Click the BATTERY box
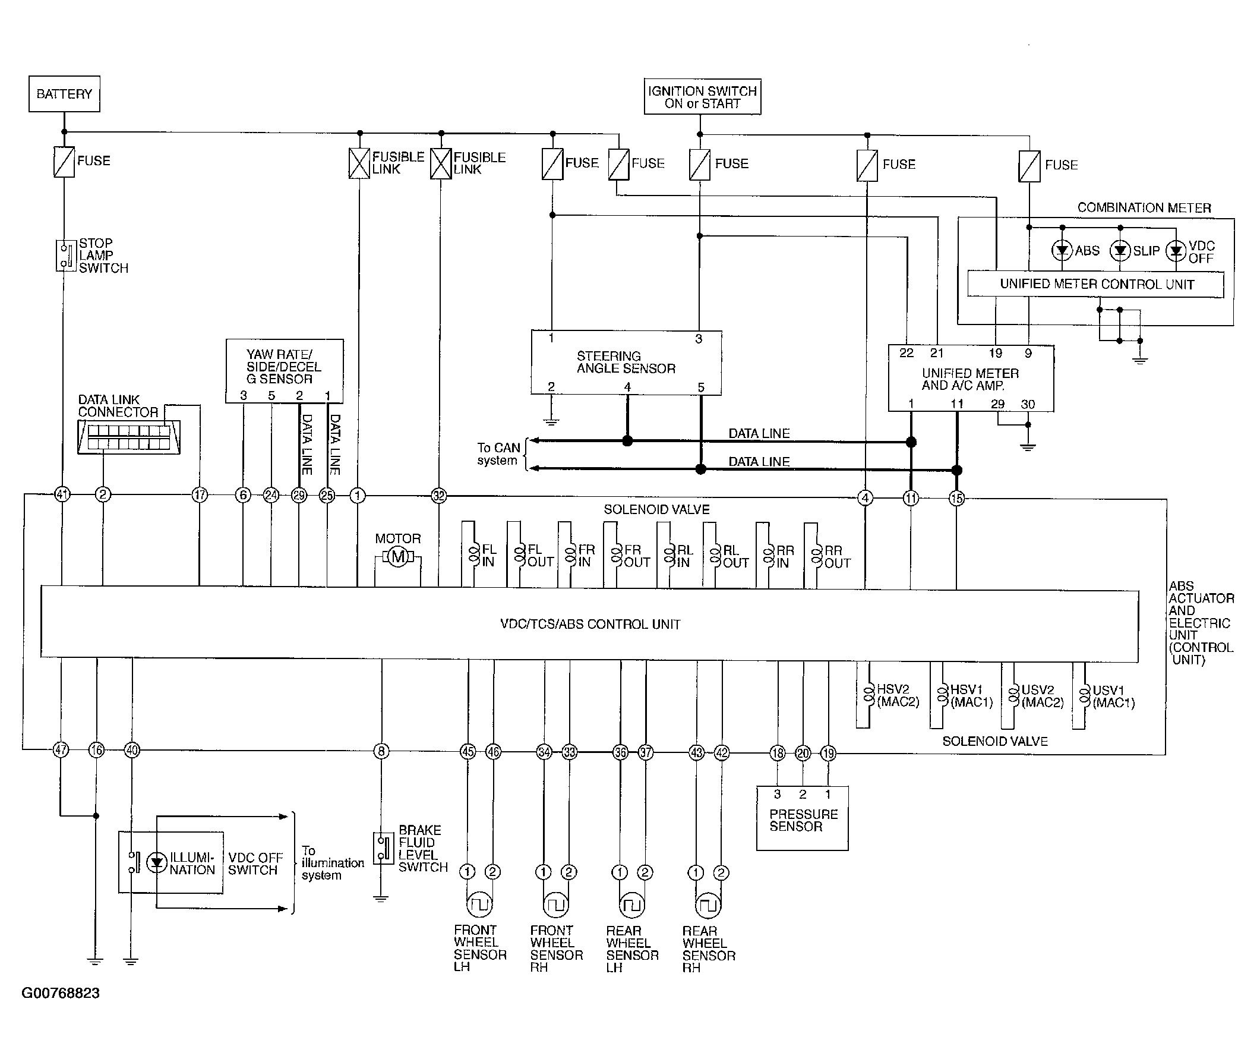point(64,94)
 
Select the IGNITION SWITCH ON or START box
point(702,96)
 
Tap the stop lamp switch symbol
point(65,256)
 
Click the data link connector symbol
point(129,436)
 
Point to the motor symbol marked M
point(398,557)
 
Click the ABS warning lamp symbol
point(1062,250)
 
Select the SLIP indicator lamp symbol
point(1120,250)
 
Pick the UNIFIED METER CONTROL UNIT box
point(1095,285)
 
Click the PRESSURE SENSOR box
point(802,818)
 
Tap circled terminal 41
point(62,494)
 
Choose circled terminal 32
point(439,496)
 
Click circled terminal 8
point(381,751)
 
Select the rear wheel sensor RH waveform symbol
point(708,905)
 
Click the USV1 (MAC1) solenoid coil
point(1084,696)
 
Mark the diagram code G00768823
point(61,993)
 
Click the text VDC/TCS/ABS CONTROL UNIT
point(590,625)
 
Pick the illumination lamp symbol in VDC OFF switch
point(157,862)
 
